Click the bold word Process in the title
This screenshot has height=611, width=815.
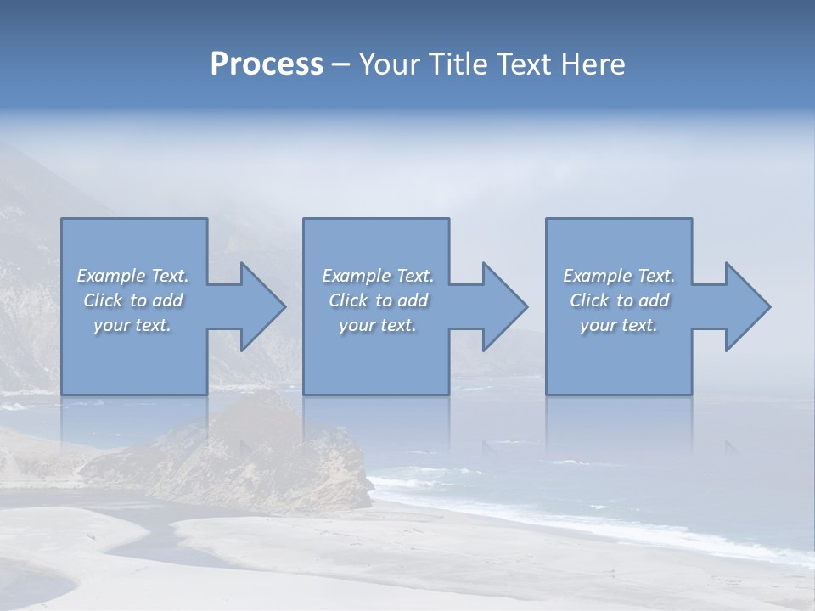point(267,64)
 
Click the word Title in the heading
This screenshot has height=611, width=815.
point(455,64)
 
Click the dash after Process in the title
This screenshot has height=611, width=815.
point(340,64)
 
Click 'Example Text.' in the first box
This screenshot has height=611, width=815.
point(133,276)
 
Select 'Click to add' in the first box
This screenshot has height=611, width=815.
point(133,300)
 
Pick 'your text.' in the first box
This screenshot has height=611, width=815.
point(133,325)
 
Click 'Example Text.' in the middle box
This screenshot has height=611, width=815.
point(378,276)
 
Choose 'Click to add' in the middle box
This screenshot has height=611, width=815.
point(378,300)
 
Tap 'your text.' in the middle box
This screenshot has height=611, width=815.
point(378,325)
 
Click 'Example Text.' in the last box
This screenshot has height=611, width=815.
point(619,276)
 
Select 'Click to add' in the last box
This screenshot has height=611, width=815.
point(619,300)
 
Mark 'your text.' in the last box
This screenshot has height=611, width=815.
point(619,325)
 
